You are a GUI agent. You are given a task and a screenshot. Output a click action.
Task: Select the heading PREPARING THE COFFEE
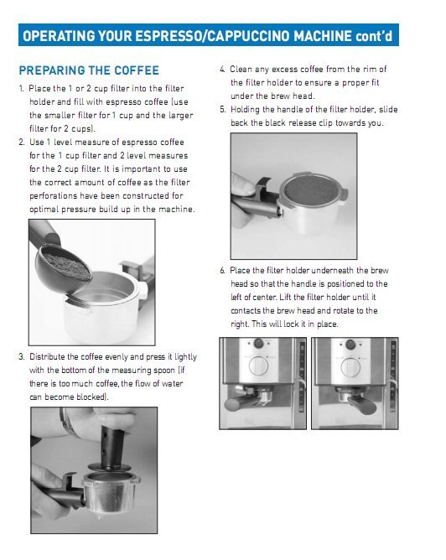[89, 70]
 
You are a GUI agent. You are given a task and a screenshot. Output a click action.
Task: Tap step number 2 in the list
[22, 143]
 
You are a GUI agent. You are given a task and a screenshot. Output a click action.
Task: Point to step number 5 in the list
[223, 109]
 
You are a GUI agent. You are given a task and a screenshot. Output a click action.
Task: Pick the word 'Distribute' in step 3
[47, 357]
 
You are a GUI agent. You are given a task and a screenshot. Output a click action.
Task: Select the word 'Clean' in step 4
[241, 70]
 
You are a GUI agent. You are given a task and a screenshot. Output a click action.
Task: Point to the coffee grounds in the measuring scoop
[66, 265]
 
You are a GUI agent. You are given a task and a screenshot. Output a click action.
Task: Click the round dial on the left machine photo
[258, 366]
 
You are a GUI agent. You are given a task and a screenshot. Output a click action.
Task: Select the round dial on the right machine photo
[350, 366]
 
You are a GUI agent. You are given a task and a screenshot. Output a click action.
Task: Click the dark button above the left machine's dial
[258, 344]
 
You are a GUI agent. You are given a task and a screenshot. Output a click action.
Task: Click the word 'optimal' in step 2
[44, 210]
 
